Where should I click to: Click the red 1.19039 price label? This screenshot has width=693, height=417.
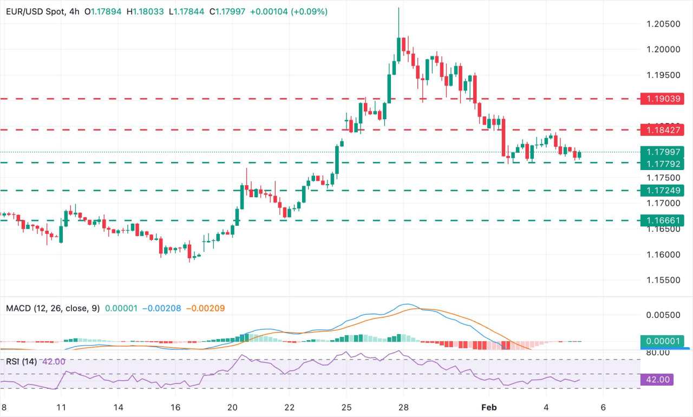point(661,99)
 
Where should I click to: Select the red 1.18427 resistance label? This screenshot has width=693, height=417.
point(661,129)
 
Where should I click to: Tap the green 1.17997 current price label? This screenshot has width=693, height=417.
point(661,152)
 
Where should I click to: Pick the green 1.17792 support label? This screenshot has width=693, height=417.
point(661,162)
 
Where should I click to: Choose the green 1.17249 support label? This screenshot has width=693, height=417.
point(661,190)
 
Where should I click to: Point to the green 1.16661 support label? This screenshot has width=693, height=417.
point(661,220)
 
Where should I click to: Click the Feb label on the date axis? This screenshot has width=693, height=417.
point(488,407)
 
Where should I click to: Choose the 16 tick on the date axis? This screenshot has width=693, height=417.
point(175,407)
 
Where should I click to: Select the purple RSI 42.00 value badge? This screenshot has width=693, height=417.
point(656,380)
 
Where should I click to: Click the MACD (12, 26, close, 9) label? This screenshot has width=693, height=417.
point(53,308)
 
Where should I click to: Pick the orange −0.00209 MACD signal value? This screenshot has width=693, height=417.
point(205,308)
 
